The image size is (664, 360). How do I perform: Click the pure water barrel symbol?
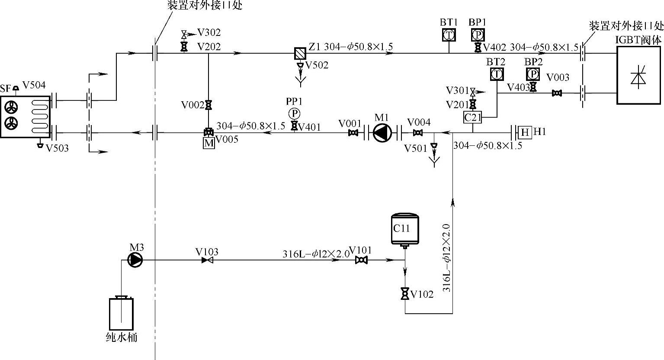(121, 314)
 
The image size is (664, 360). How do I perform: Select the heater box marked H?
(525, 132)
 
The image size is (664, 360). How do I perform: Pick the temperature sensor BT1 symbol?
(449, 35)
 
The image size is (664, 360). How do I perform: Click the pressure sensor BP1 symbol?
(478, 35)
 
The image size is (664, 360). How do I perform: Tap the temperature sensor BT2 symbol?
(497, 74)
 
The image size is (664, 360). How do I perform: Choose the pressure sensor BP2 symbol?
(532, 74)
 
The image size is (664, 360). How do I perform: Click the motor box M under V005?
(209, 143)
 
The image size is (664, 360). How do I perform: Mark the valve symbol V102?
(405, 294)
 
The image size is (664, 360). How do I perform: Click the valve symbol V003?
(557, 93)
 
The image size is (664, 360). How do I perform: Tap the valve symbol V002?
(209, 105)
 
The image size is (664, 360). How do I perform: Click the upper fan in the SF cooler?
(11, 106)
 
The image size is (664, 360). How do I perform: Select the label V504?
(34, 85)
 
